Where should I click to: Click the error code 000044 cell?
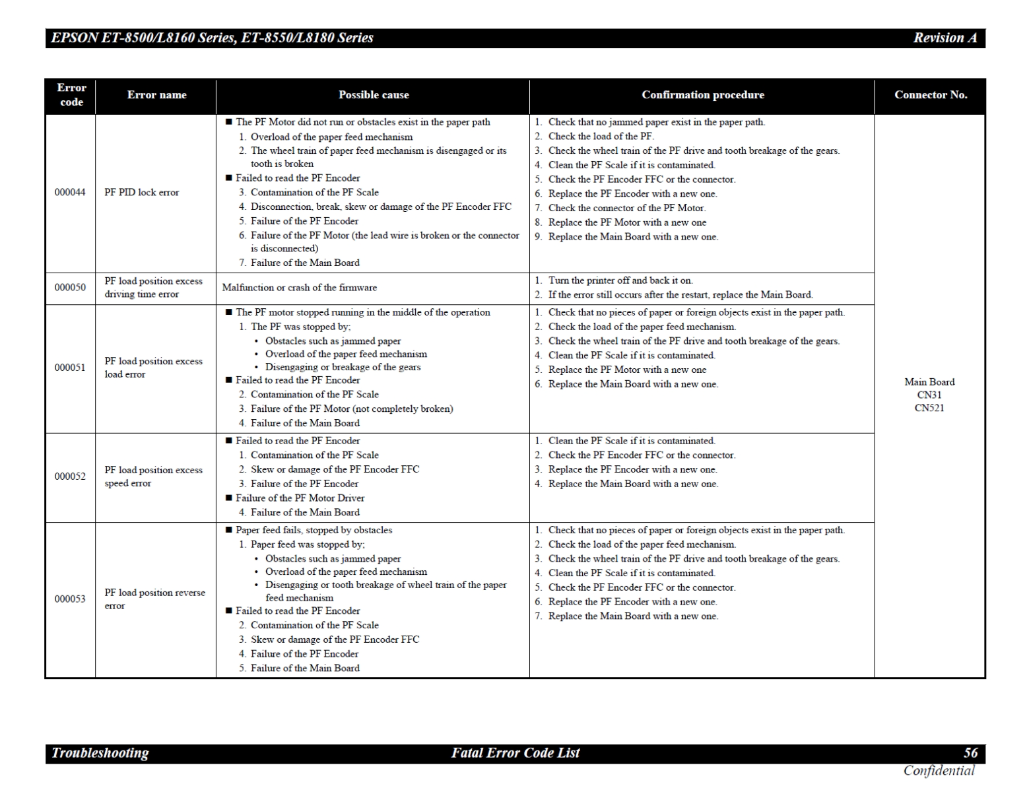tap(70, 193)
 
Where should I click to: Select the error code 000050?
tap(70, 288)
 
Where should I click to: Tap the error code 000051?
tap(70, 368)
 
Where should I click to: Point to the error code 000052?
tap(70, 477)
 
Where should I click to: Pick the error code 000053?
tap(70, 599)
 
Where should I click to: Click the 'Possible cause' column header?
tap(374, 95)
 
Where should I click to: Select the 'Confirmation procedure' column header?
tap(703, 95)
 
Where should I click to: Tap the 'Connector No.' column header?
tap(930, 95)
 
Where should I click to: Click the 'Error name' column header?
tap(156, 95)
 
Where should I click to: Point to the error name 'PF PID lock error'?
tap(142, 193)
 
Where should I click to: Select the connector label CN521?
tap(929, 408)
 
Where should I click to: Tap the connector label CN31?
tap(929, 395)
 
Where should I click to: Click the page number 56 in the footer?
tap(970, 753)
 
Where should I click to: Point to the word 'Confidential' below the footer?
tap(939, 770)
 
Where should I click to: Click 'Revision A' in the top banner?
tap(945, 38)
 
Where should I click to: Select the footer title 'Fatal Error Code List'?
tap(515, 753)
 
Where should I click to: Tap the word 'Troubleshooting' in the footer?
tap(100, 753)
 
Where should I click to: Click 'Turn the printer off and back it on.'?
tap(620, 280)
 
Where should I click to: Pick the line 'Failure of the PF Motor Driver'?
tap(300, 498)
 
